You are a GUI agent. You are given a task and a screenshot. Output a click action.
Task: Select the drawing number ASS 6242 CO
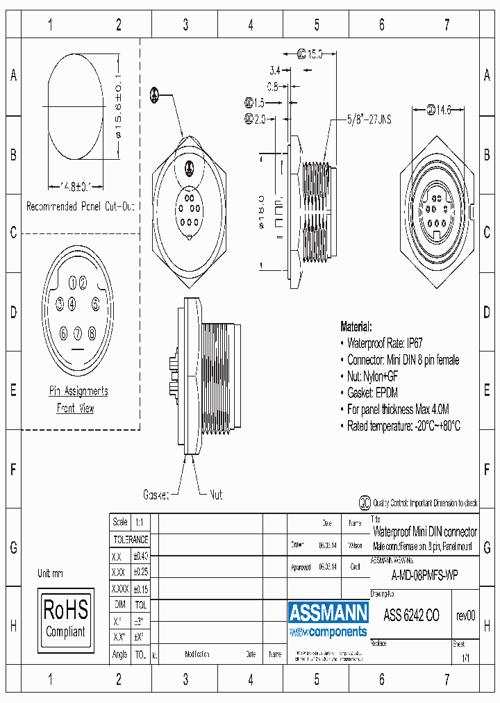411,615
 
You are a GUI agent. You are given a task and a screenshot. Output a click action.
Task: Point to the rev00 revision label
465,615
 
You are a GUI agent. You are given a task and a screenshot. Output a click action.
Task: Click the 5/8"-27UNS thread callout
369,119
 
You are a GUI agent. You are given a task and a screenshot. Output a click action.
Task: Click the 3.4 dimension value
274,70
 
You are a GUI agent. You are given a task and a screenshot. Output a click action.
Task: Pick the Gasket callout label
156,495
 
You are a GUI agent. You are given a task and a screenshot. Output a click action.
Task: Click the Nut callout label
216,495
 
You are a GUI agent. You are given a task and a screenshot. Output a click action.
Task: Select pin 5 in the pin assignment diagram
96,304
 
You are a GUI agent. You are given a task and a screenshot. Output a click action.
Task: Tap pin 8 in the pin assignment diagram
91,333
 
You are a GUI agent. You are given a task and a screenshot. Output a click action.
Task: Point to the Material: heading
356,326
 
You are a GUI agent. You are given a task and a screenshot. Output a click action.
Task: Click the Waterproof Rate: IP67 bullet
385,342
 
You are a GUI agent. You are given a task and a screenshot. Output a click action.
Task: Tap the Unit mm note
50,573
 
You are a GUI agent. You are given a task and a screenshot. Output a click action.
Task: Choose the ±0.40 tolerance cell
140,556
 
